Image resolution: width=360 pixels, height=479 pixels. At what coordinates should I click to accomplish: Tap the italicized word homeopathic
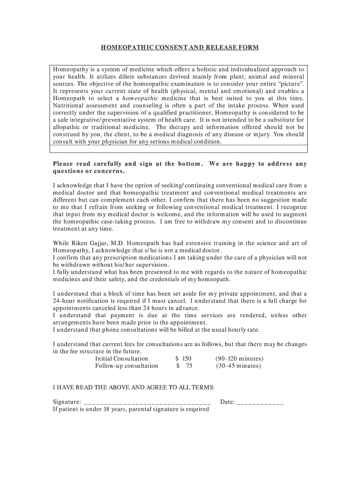141,98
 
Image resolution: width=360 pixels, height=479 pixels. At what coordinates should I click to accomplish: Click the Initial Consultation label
122,359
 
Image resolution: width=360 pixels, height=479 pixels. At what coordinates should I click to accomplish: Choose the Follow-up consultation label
127,366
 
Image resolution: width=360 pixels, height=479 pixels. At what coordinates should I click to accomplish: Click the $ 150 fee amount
183,359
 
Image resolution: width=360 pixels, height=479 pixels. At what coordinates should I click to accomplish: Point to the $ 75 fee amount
184,366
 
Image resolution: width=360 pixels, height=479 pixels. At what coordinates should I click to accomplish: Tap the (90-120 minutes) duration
239,359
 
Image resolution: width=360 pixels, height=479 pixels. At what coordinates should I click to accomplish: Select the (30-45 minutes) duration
238,366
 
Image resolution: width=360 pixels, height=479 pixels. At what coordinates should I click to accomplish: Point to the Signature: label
67,402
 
